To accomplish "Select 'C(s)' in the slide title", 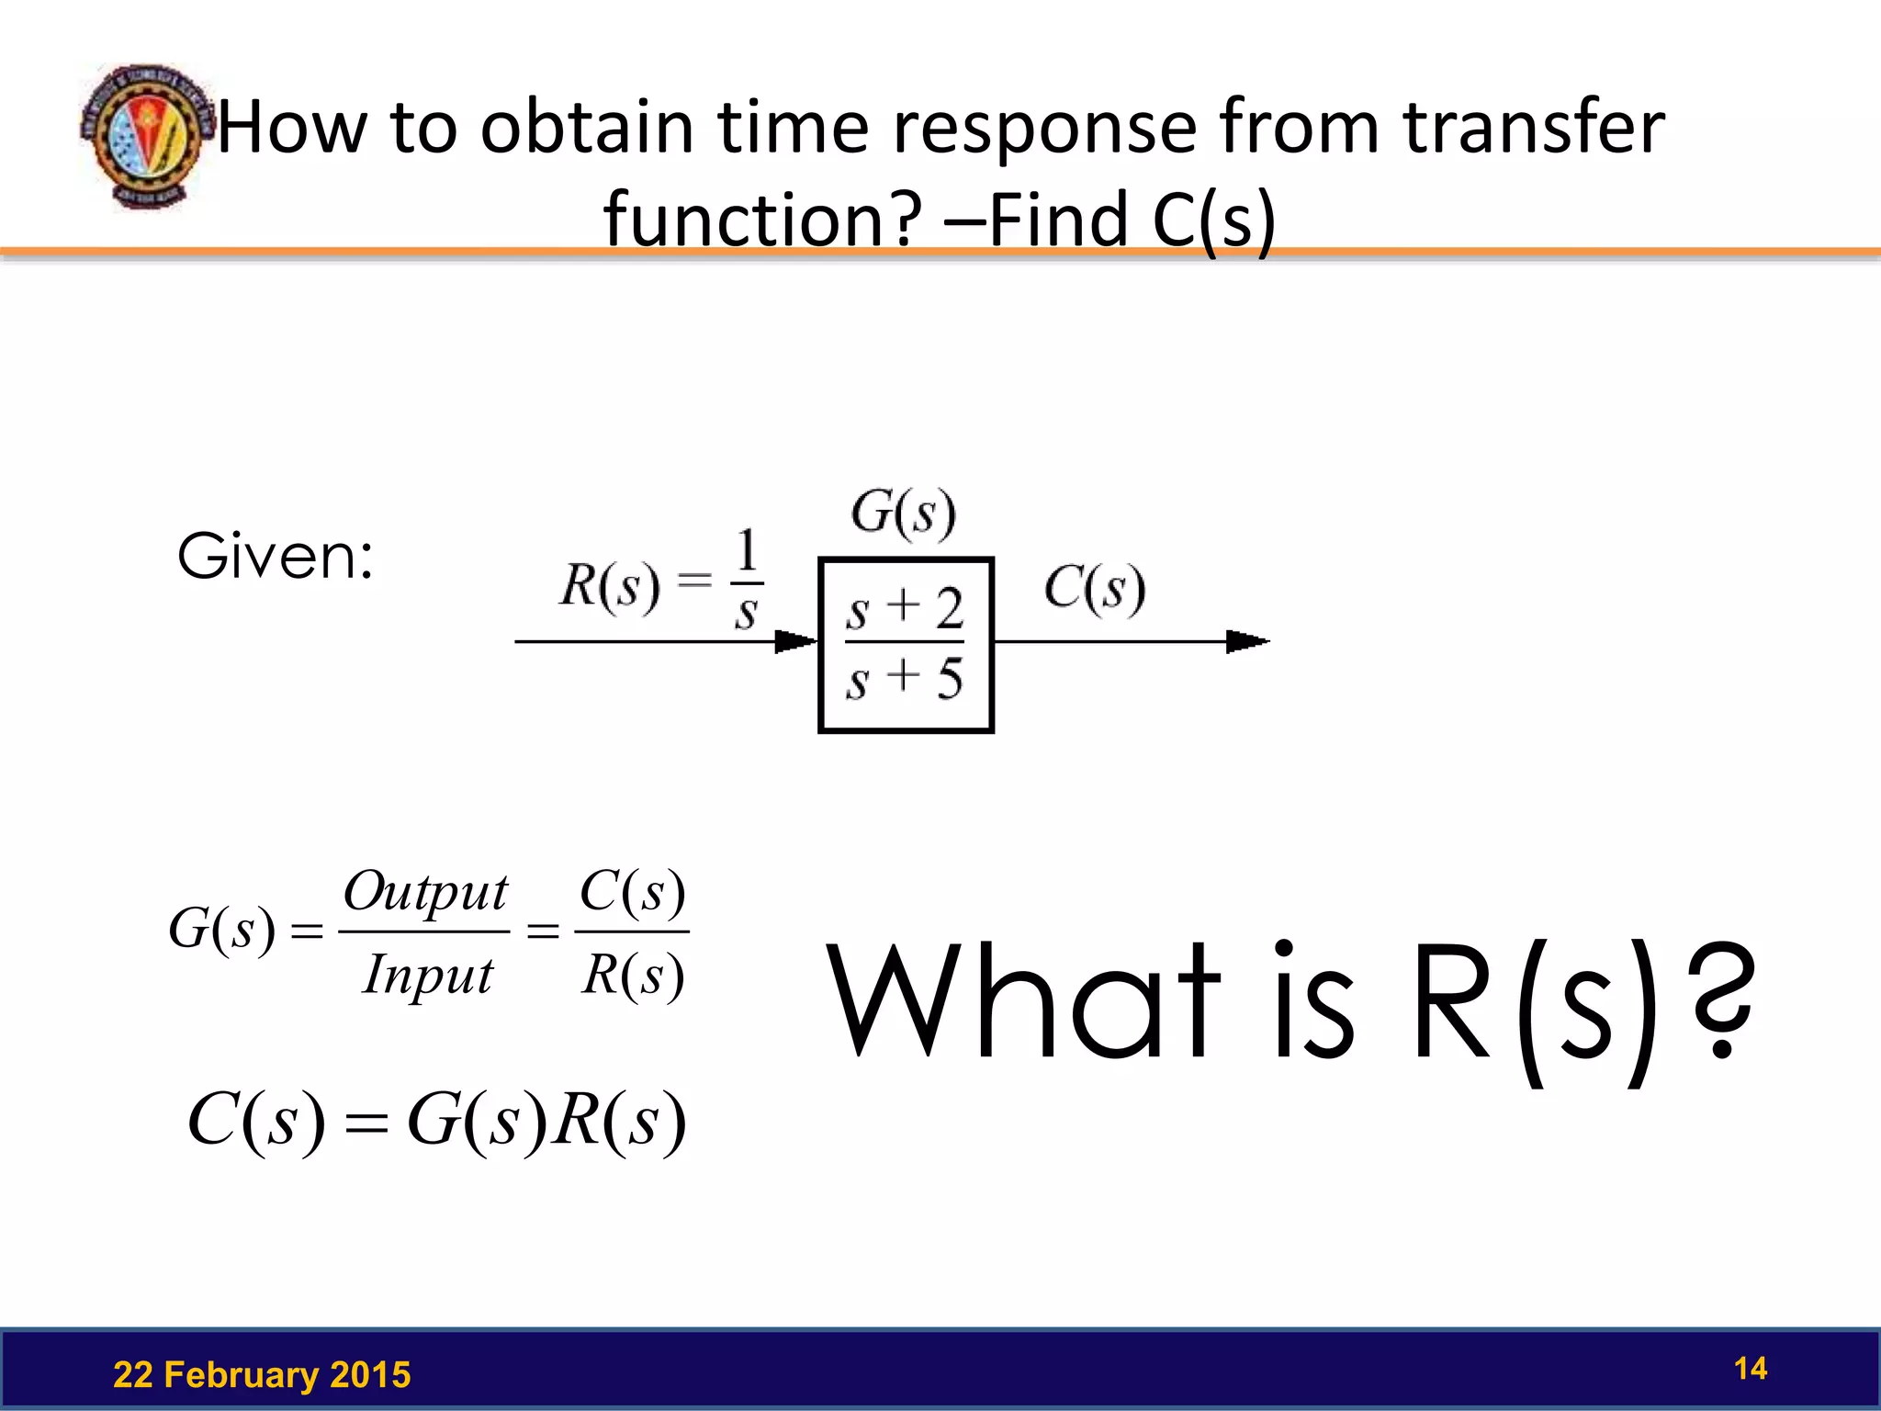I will click(1212, 220).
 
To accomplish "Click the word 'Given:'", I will click(276, 557).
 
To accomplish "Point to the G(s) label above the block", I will click(903, 513).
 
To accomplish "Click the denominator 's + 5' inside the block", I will click(905, 680).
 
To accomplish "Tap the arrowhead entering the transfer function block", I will click(795, 641).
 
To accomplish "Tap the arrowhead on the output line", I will click(1247, 641).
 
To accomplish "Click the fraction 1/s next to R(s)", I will click(747, 581).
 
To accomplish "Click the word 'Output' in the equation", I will click(425, 892).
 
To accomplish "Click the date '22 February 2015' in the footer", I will click(262, 1375).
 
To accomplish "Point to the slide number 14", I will click(1750, 1369).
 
